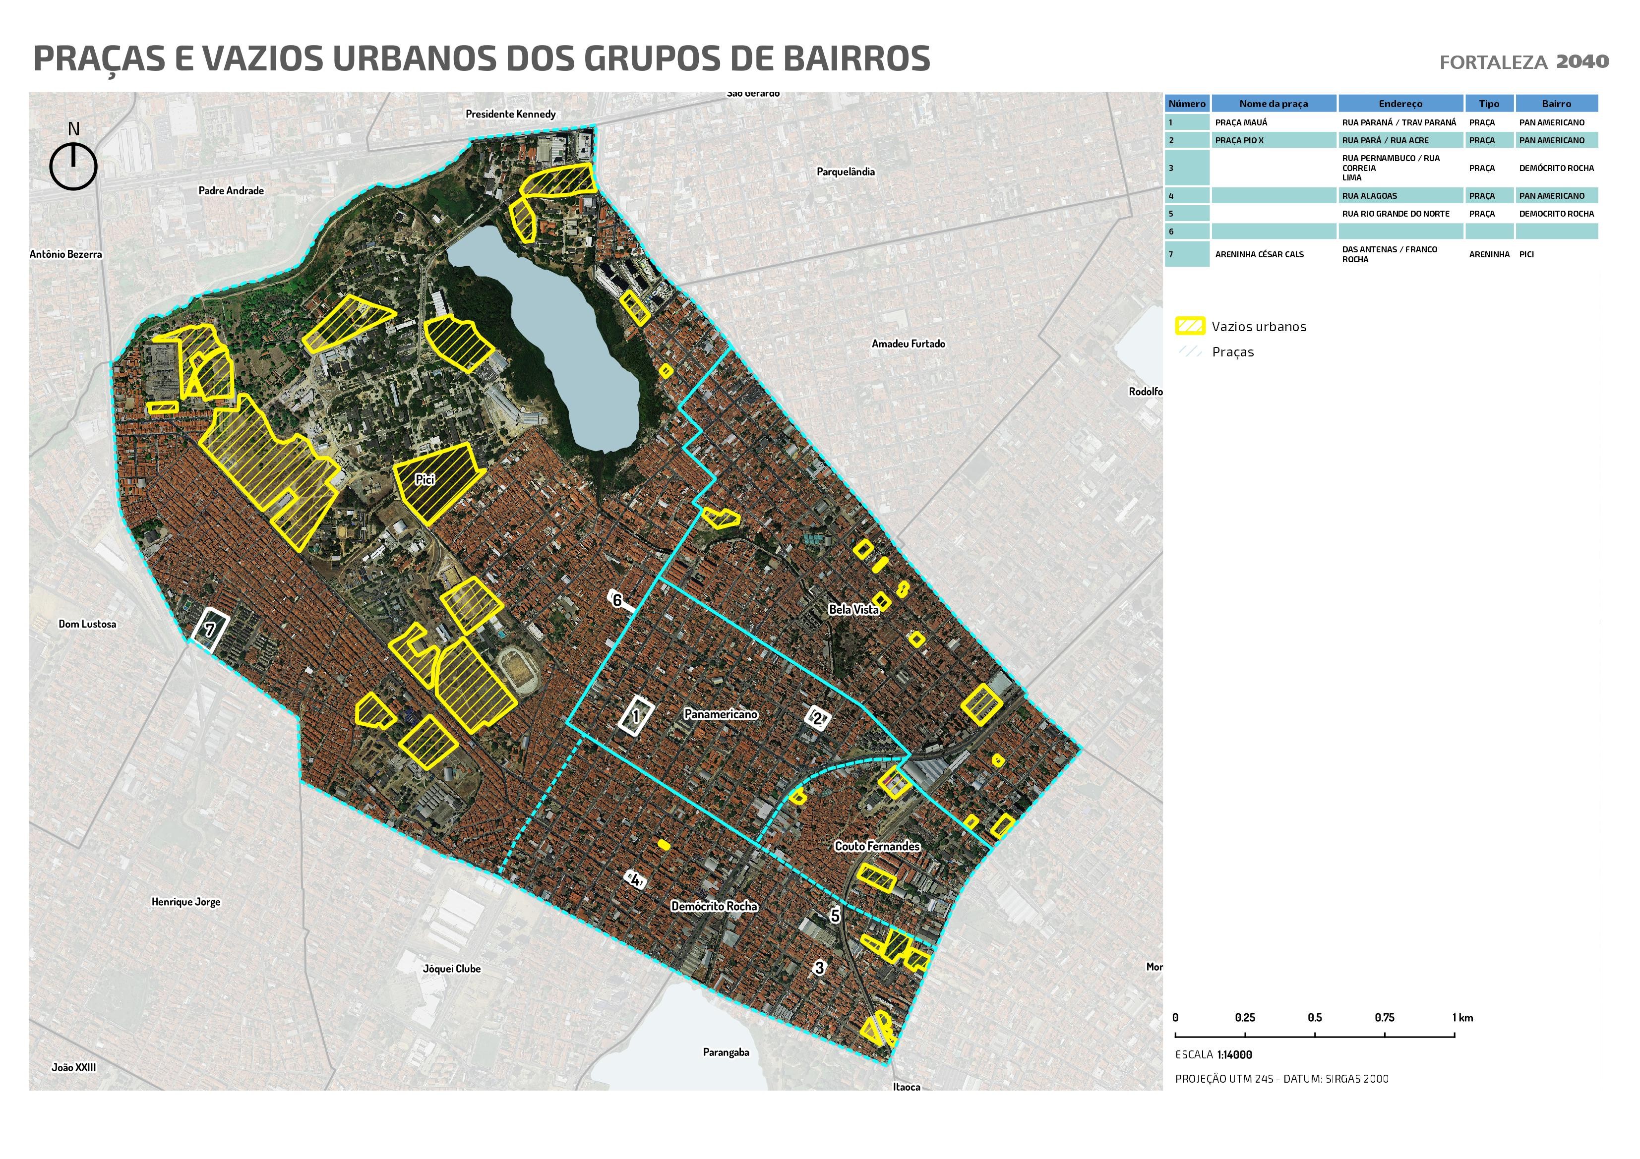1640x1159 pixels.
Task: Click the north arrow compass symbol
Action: point(73,166)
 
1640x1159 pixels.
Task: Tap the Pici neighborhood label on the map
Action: point(425,480)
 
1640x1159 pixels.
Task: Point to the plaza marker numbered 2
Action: point(818,718)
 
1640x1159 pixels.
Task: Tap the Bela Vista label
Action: point(853,609)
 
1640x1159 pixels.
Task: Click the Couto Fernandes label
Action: point(877,846)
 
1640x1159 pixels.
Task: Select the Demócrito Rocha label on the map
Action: point(714,906)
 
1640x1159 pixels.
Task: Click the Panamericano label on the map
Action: point(720,714)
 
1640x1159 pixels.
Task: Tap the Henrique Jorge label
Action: point(185,902)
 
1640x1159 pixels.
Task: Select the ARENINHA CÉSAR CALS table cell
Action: point(1273,254)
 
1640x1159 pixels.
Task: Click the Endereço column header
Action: point(1400,104)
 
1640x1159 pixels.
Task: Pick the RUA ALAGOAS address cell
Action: point(1400,196)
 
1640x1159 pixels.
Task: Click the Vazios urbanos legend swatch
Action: point(1189,326)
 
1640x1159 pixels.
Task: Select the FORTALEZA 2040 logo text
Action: point(1523,62)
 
